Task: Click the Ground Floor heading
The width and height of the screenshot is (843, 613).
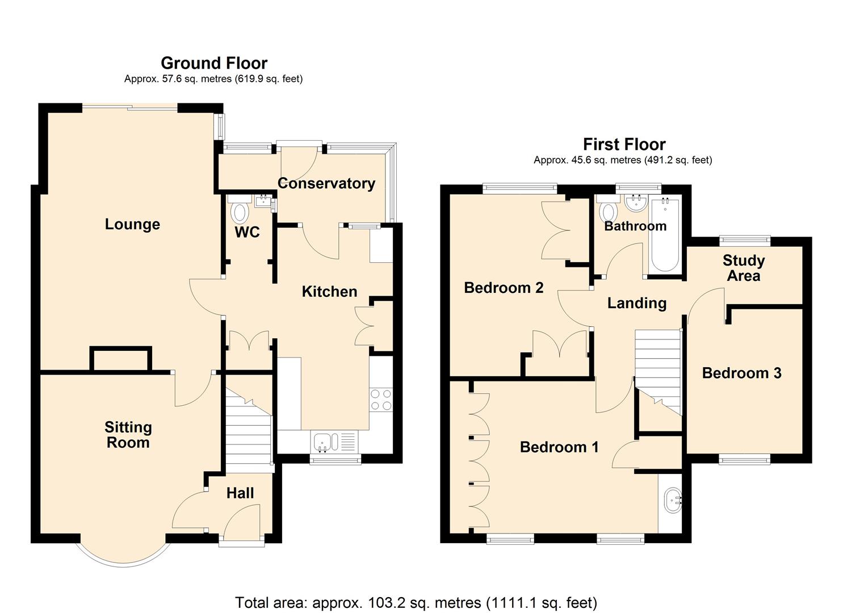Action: coord(214,63)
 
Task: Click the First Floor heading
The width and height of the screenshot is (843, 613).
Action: coord(624,144)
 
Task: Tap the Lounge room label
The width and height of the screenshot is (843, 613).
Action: coord(132,224)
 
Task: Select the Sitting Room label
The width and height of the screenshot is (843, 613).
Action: coord(128,435)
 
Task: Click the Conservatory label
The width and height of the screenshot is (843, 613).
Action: coord(326,183)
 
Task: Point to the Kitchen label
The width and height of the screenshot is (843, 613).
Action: coord(329,292)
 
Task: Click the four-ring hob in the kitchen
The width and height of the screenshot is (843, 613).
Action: coord(380,399)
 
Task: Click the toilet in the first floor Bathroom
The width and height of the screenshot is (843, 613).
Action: coord(609,212)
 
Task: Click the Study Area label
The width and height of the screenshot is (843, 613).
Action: coord(744,268)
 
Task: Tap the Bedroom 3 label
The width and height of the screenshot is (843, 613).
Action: coord(741,373)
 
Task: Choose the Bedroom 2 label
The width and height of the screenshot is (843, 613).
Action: coord(504,288)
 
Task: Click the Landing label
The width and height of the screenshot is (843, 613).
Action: coord(637,303)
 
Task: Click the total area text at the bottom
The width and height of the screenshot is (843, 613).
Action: coord(416,602)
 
